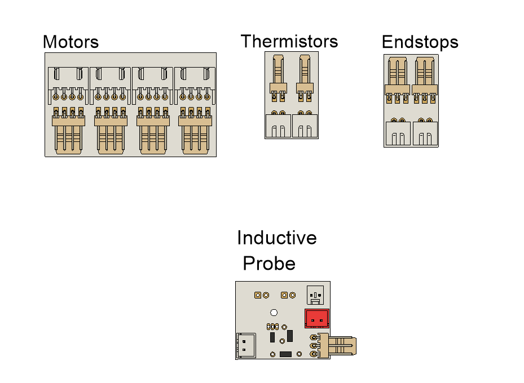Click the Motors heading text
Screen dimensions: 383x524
(71, 42)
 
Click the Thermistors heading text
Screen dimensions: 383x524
(289, 41)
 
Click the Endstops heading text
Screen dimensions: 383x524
(420, 42)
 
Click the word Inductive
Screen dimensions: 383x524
(276, 238)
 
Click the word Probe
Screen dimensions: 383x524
(269, 264)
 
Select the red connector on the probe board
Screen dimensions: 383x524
(317, 319)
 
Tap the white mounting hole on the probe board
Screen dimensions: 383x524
(274, 313)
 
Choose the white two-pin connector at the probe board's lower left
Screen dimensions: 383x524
(245, 344)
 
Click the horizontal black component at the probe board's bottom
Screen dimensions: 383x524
(285, 354)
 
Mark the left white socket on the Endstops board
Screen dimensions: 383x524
(398, 133)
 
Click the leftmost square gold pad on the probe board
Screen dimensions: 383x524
(257, 295)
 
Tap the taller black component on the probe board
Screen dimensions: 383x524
(290, 336)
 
